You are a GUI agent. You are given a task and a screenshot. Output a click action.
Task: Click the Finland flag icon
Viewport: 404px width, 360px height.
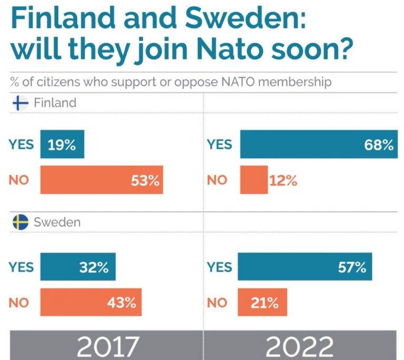point(20,103)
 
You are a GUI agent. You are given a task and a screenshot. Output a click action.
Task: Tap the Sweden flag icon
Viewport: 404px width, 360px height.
point(20,222)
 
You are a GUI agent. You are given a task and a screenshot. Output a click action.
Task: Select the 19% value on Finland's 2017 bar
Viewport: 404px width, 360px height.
point(62,145)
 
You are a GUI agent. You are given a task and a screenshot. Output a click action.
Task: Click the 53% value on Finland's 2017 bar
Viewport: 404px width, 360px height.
point(145,181)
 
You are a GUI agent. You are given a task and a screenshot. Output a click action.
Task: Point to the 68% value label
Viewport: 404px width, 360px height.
point(379,145)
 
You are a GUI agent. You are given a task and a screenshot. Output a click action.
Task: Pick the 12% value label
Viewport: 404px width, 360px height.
point(283,181)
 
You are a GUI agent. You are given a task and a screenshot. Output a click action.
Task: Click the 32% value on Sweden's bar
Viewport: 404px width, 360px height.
point(94,267)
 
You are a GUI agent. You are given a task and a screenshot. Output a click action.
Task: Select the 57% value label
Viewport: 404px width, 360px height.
point(352,267)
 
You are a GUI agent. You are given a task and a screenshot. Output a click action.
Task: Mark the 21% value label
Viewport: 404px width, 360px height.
point(264,303)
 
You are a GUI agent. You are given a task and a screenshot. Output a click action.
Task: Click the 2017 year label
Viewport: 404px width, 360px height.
point(108,347)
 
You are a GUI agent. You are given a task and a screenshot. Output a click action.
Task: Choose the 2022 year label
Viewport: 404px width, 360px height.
point(299,347)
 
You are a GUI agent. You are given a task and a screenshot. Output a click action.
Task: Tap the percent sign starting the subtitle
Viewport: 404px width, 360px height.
point(14,83)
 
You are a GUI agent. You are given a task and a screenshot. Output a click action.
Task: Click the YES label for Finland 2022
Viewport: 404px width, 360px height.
point(219,145)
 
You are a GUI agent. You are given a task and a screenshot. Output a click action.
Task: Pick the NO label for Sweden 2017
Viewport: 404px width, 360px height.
point(19,303)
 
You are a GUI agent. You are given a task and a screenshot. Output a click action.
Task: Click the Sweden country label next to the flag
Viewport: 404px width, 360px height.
point(57,222)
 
